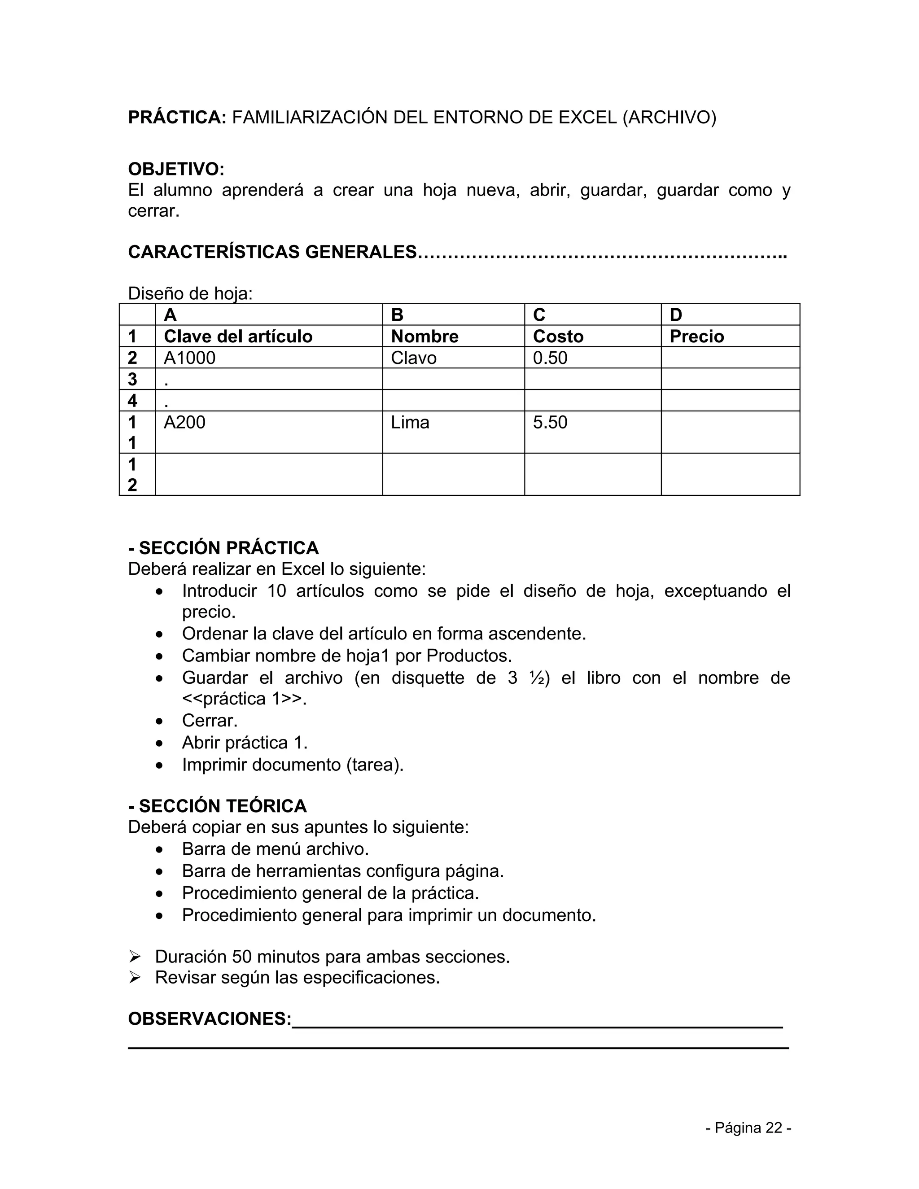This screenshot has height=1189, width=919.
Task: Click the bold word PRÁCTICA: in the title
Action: [x=177, y=118]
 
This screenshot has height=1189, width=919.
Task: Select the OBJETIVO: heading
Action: [x=176, y=169]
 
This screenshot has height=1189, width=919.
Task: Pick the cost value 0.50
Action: [x=550, y=358]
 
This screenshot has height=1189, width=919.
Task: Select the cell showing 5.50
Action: [x=550, y=423]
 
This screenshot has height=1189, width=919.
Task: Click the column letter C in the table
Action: [x=539, y=315]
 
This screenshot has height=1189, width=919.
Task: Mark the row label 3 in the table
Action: [x=132, y=379]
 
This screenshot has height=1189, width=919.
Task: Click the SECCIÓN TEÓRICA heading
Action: [x=218, y=806]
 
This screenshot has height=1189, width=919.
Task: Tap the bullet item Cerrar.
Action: [x=210, y=721]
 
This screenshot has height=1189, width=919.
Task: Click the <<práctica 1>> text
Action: [x=244, y=699]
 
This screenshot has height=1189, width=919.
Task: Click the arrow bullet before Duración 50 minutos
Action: [x=135, y=957]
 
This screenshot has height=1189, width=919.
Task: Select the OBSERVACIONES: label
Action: [x=210, y=1019]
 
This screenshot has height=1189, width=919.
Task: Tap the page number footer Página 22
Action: [x=748, y=1128]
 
